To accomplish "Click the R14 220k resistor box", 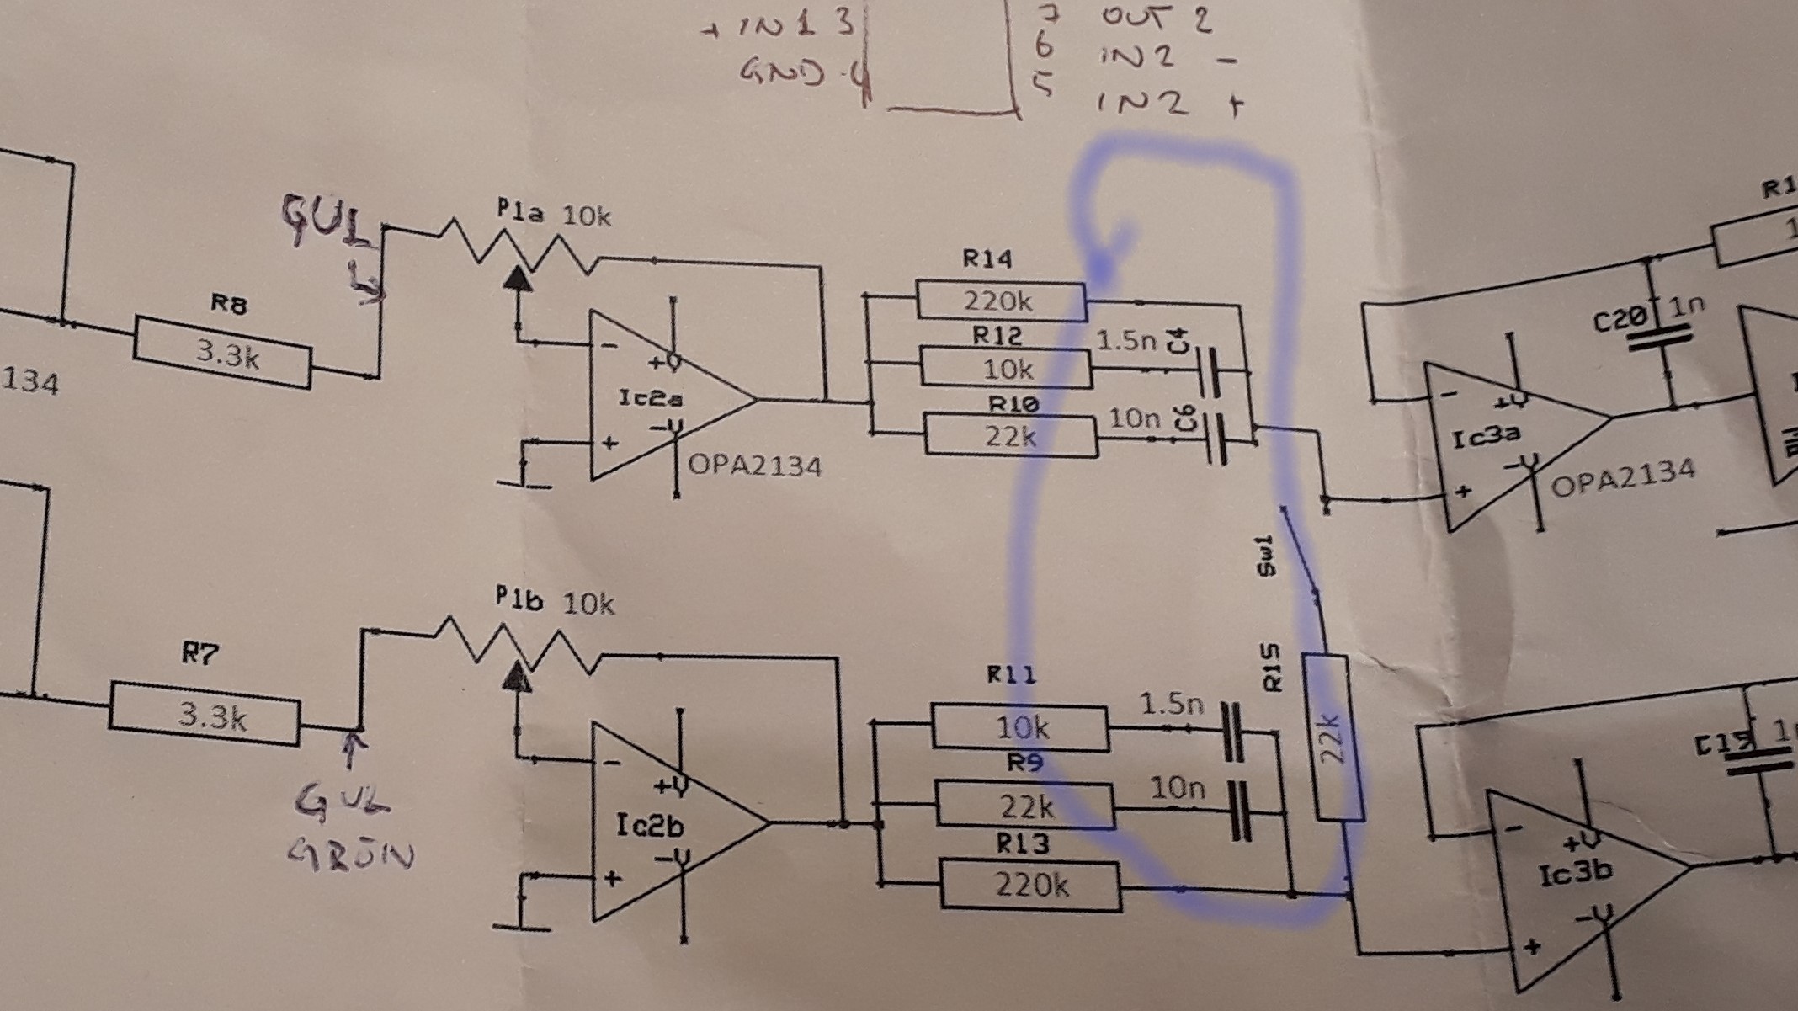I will click(1000, 301).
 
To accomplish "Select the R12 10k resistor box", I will click(1006, 368).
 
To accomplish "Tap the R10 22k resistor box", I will click(1011, 436).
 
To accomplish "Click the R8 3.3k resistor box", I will click(222, 353).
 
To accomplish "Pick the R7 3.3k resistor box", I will click(204, 715).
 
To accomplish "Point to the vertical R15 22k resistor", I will click(1331, 737).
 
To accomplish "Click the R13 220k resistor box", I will click(1030, 885).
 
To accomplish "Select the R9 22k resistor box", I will click(1024, 806).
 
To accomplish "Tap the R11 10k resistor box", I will click(1019, 727).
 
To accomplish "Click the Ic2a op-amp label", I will click(650, 397).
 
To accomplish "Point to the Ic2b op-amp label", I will click(649, 827).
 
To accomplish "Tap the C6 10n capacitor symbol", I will click(1217, 438).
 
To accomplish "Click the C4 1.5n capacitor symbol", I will click(1213, 372).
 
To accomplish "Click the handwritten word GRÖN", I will click(352, 855).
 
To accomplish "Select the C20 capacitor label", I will click(1620, 320).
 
